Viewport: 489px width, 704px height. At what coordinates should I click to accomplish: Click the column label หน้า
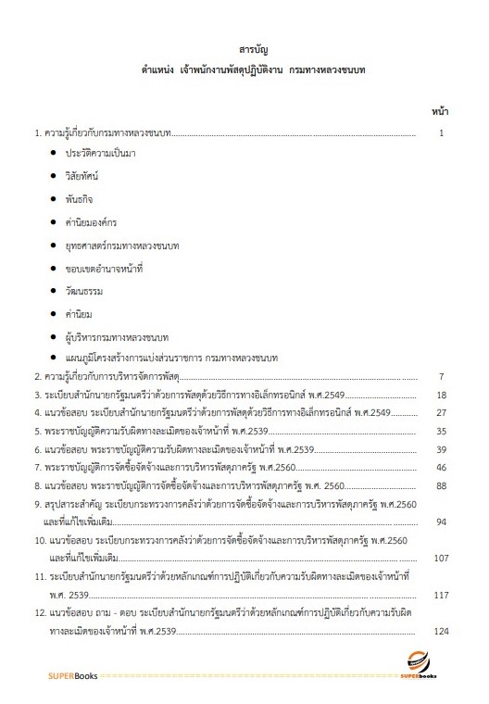point(440,111)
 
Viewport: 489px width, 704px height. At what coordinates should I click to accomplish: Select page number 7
point(443,377)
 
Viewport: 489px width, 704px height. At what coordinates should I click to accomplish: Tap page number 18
point(442,395)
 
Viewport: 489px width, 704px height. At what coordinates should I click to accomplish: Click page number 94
point(442,522)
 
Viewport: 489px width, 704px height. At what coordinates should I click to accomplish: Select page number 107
point(440,558)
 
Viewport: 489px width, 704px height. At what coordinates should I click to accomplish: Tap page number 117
point(440,595)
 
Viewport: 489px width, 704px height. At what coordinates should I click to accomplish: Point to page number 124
point(440,631)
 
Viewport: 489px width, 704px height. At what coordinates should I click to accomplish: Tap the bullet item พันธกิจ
point(79,198)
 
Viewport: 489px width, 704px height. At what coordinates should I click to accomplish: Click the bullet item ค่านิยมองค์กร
point(91,221)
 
